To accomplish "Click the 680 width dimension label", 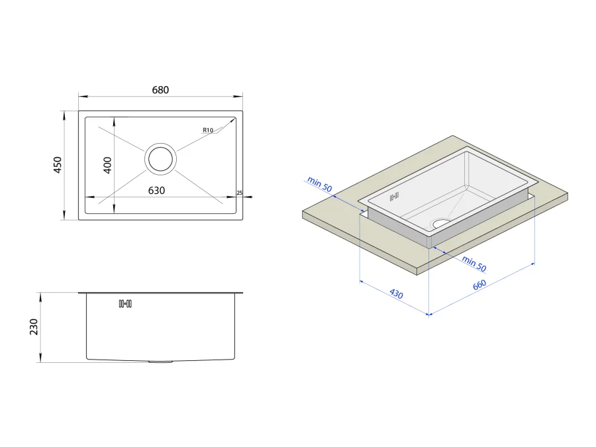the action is pyautogui.click(x=160, y=90).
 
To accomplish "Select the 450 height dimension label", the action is pyautogui.click(x=58, y=165).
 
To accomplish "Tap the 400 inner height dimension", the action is pyautogui.click(x=107, y=166).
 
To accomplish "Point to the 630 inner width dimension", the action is pyautogui.click(x=156, y=191).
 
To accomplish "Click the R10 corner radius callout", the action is pyautogui.click(x=208, y=130).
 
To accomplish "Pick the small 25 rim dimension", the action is pyautogui.click(x=240, y=193).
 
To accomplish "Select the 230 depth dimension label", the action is pyautogui.click(x=34, y=327).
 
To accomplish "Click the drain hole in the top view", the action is pyautogui.click(x=160, y=159).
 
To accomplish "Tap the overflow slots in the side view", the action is pyautogui.click(x=125, y=304).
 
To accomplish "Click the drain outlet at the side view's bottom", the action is pyautogui.click(x=160, y=362).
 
